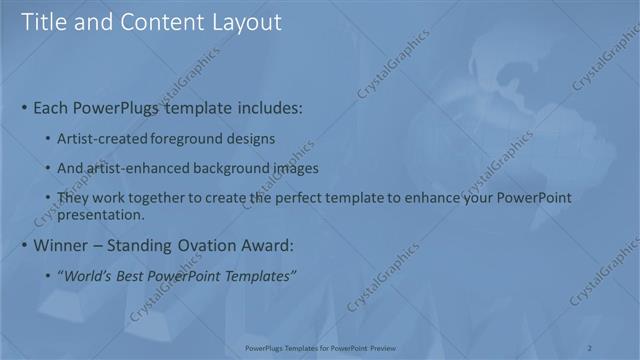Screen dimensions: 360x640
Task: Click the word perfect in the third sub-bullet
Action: pos(300,198)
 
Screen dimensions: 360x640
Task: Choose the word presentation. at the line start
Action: pos(102,214)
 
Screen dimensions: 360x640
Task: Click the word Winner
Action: pos(61,245)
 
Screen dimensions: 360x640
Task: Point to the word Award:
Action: pos(267,245)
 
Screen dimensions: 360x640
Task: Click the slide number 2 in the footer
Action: pos(589,347)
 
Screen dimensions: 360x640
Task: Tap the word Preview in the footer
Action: pos(385,347)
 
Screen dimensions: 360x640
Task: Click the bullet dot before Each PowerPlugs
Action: pos(24,107)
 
